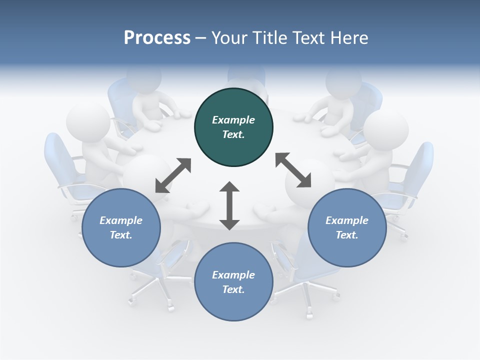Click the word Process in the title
(157, 38)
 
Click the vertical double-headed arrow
(229, 206)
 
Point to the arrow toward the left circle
(173, 175)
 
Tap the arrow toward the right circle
(293, 170)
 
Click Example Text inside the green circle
(233, 127)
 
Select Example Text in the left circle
(121, 227)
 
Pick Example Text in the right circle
(347, 227)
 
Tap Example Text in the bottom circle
(233, 282)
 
